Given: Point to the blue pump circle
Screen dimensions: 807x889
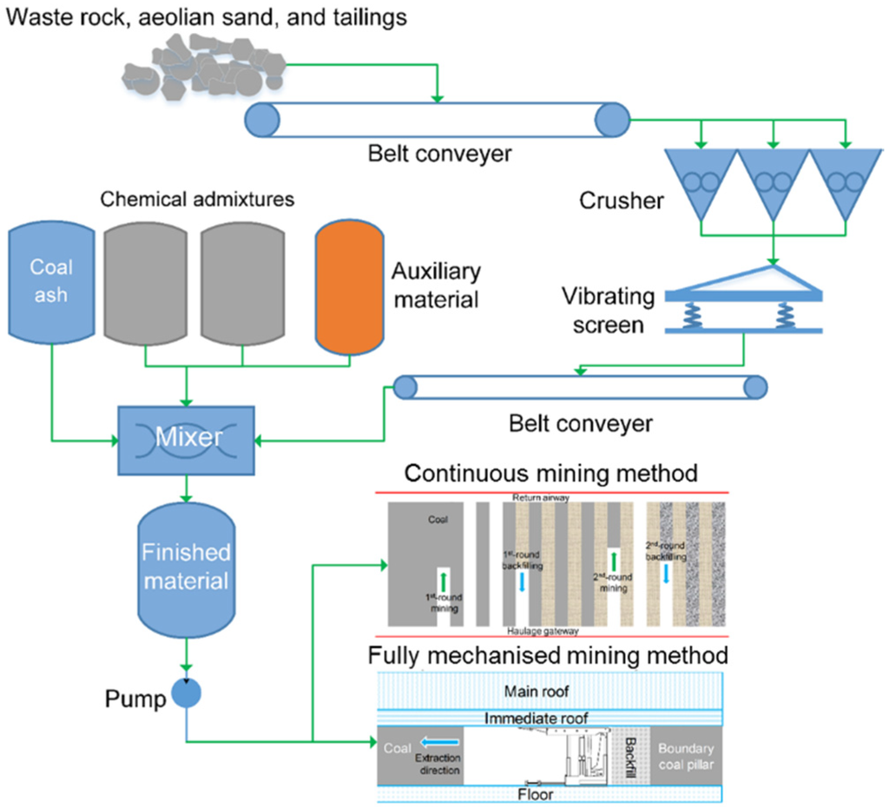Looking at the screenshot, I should [186, 692].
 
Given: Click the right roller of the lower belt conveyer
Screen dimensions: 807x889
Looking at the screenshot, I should [754, 387].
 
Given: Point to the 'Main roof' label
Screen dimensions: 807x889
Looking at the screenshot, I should [548, 691].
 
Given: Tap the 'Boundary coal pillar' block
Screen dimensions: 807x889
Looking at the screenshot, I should [686, 757].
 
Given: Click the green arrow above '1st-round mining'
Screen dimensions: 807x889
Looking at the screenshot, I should [443, 581].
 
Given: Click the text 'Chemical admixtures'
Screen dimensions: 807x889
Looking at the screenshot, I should [197, 200].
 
